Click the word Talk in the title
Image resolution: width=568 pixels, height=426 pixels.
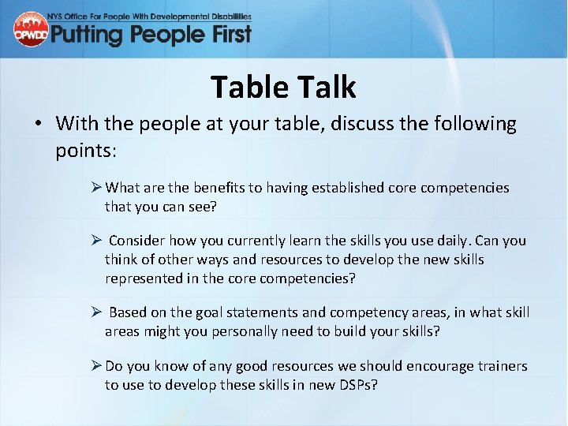point(323,88)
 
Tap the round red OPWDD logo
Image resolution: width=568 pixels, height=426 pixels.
point(30,29)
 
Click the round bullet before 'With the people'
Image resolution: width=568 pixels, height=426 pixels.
point(38,124)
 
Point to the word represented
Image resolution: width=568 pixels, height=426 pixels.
point(144,278)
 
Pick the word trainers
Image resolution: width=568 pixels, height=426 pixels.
point(500,366)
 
